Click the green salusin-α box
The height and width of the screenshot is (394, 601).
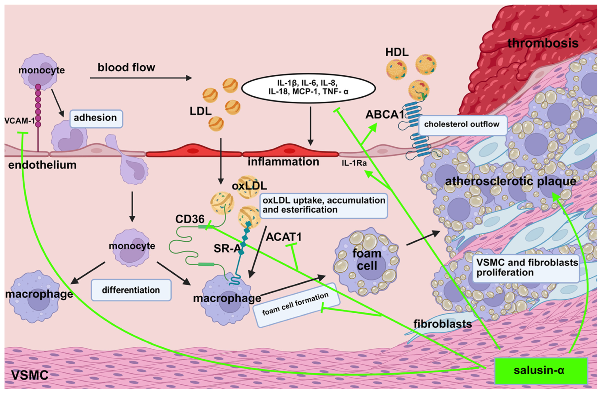[x=541, y=371]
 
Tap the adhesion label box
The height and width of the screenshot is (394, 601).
[x=96, y=118]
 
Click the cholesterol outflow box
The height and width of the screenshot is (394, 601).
[x=462, y=125]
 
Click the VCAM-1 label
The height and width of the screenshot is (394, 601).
[x=19, y=121]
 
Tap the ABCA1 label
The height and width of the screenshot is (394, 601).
[x=384, y=115]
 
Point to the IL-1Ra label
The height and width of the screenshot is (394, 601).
[x=354, y=163]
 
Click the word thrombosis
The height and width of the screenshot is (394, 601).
[x=543, y=43]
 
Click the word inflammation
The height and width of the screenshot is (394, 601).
[x=283, y=162]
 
